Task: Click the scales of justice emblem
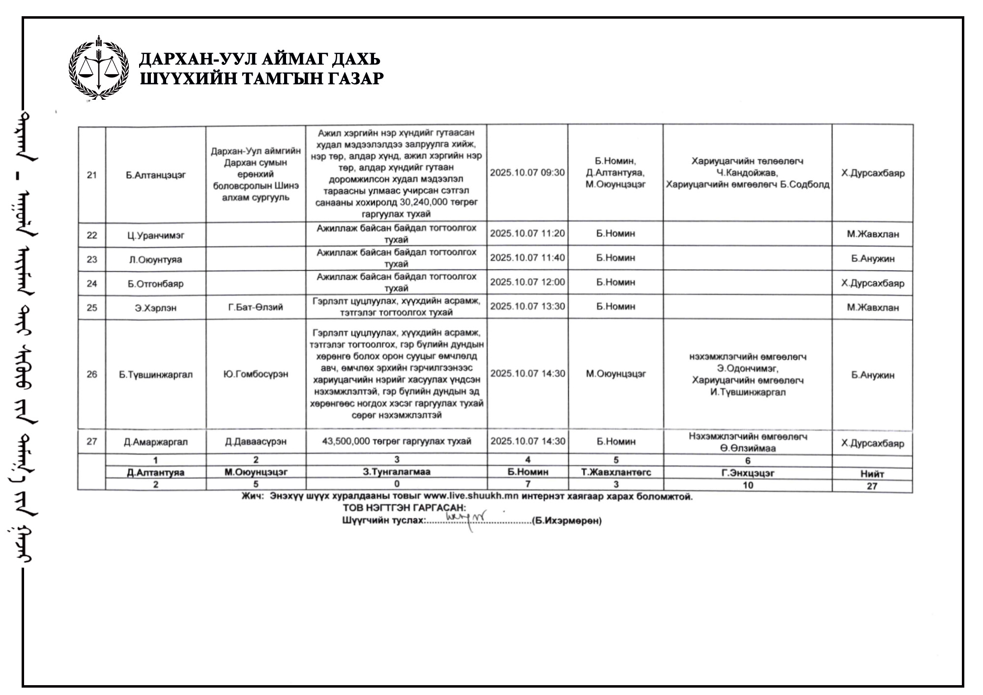[x=98, y=67]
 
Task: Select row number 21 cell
[x=92, y=175]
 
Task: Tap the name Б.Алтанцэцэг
[x=156, y=175]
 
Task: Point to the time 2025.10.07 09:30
[x=527, y=173]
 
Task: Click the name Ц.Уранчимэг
[x=156, y=235]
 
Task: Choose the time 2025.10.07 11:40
[x=527, y=258]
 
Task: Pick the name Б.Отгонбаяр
[x=156, y=284]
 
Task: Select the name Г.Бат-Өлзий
[x=256, y=308]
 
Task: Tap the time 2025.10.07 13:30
[x=527, y=306]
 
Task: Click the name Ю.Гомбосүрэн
[x=256, y=374]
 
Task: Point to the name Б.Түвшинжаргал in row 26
[x=156, y=375]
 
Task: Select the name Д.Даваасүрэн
[x=256, y=441]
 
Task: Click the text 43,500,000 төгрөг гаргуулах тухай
[x=396, y=441]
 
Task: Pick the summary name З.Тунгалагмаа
[x=396, y=472]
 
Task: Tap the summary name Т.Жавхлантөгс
[x=615, y=472]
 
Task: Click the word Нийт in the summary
[x=872, y=474]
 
